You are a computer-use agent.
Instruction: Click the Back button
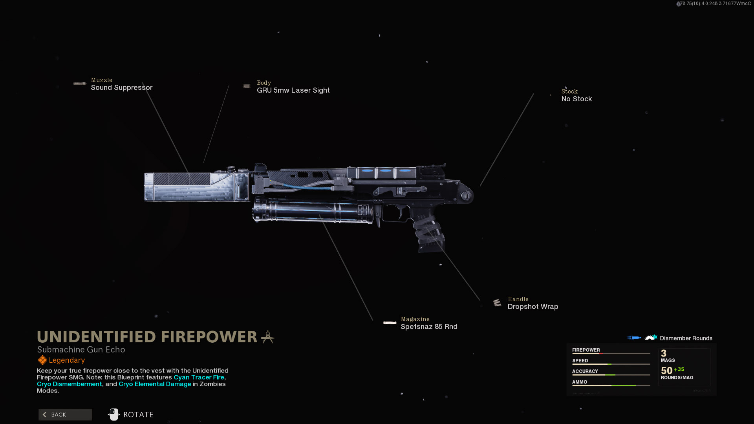[65, 415]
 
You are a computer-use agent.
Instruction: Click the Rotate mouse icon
[113, 415]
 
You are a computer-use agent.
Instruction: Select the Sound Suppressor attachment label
[121, 88]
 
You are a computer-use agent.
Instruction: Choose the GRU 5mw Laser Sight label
[293, 90]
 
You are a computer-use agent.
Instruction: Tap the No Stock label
[576, 99]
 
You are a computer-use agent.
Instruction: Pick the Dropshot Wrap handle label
[533, 307]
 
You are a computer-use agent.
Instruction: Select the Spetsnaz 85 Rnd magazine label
[429, 327]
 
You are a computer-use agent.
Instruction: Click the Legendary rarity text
[67, 360]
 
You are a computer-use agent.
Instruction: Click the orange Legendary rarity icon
[42, 360]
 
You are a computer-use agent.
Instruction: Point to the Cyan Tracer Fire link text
[199, 377]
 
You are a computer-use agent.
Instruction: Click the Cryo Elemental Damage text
[155, 384]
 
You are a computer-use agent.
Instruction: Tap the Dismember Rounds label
[686, 338]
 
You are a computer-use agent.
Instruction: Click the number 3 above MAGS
[664, 353]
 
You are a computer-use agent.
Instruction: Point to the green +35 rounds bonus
[679, 369]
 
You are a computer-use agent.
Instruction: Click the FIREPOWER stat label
[586, 350]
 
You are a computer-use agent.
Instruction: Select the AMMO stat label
[580, 382]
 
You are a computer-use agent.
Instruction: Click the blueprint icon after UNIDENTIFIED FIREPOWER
[268, 337]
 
